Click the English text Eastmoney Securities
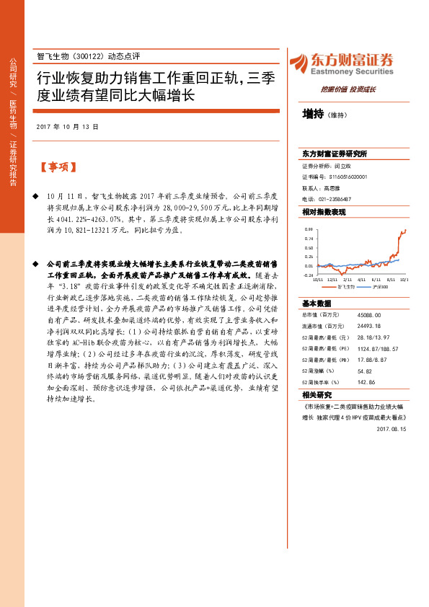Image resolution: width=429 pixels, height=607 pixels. (353, 72)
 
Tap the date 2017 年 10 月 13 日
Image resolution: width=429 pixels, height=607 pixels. (66, 126)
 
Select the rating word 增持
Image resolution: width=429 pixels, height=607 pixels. (313, 114)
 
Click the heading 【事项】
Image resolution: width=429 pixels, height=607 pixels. (57, 167)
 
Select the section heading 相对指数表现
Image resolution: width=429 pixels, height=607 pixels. (324, 212)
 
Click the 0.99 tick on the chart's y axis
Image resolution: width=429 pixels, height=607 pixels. (309, 229)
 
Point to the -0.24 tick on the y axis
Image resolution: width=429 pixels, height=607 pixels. (308, 275)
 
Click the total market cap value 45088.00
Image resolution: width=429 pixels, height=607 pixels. (369, 315)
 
